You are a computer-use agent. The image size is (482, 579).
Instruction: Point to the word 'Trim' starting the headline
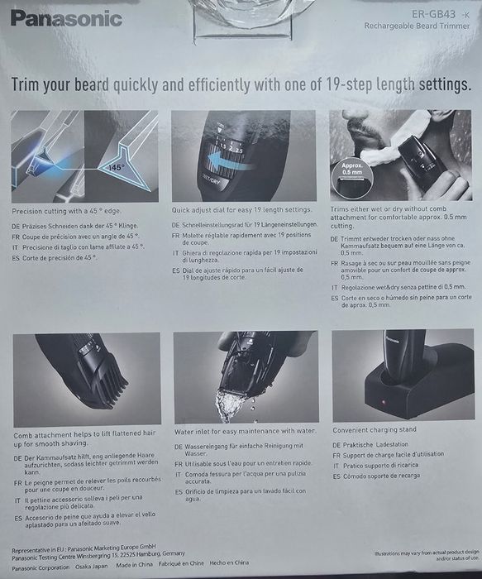[x=31, y=84]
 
